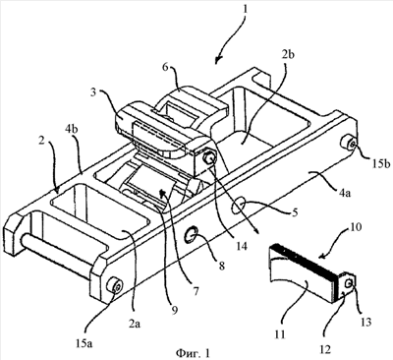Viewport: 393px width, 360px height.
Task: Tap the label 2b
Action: [x=288, y=54]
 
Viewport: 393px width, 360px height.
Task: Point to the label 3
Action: [x=93, y=92]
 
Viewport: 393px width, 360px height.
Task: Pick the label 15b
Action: [x=380, y=163]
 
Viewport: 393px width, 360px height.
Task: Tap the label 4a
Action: [x=343, y=194]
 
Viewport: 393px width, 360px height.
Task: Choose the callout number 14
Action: [x=241, y=246]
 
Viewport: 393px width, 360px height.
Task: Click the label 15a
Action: [x=84, y=343]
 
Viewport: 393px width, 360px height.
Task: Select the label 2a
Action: [x=135, y=324]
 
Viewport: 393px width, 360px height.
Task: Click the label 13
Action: [x=365, y=322]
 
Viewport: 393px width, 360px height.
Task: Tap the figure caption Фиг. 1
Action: [x=194, y=353]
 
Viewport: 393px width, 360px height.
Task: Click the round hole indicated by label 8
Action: [x=192, y=235]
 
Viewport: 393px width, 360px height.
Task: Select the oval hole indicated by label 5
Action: [x=238, y=207]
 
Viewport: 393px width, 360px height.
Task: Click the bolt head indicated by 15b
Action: [x=349, y=144]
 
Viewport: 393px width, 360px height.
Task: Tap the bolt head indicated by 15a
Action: [x=115, y=286]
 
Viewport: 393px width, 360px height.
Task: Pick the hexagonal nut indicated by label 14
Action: [x=209, y=157]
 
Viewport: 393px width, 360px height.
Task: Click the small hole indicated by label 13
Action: [x=350, y=281]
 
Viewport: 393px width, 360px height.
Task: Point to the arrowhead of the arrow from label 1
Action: [x=217, y=59]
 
